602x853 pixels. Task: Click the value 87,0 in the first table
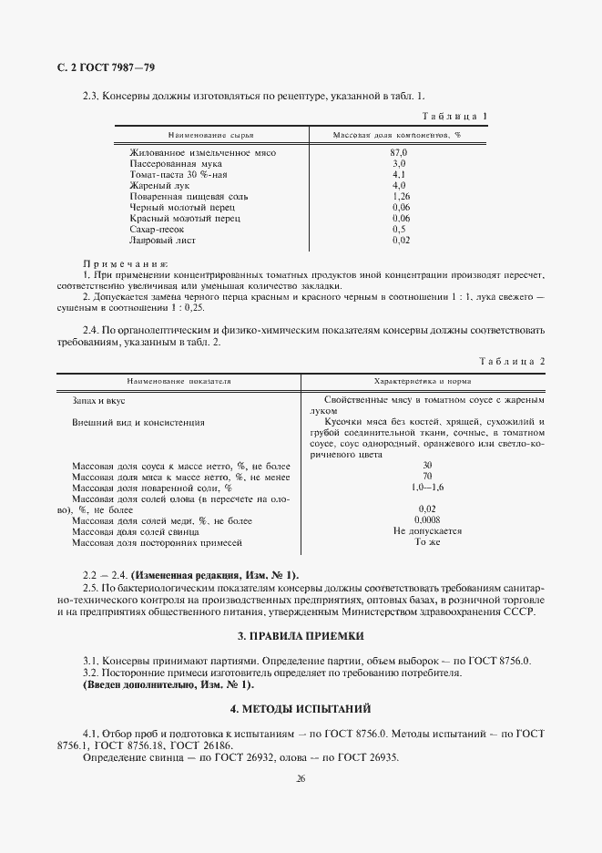pos(399,152)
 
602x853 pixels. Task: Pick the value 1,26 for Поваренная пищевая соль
pos(400,196)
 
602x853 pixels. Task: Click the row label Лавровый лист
pos(158,240)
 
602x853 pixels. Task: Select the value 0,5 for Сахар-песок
pos(399,229)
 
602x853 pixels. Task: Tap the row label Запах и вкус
pos(97,400)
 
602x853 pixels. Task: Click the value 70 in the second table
pos(426,477)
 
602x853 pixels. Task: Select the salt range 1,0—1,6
pos(426,488)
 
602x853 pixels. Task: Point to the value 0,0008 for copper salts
pos(426,520)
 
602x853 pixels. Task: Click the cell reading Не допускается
pos(427,531)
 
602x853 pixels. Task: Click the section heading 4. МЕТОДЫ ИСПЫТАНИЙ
pos(301,708)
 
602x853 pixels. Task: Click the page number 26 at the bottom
pos(301,779)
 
